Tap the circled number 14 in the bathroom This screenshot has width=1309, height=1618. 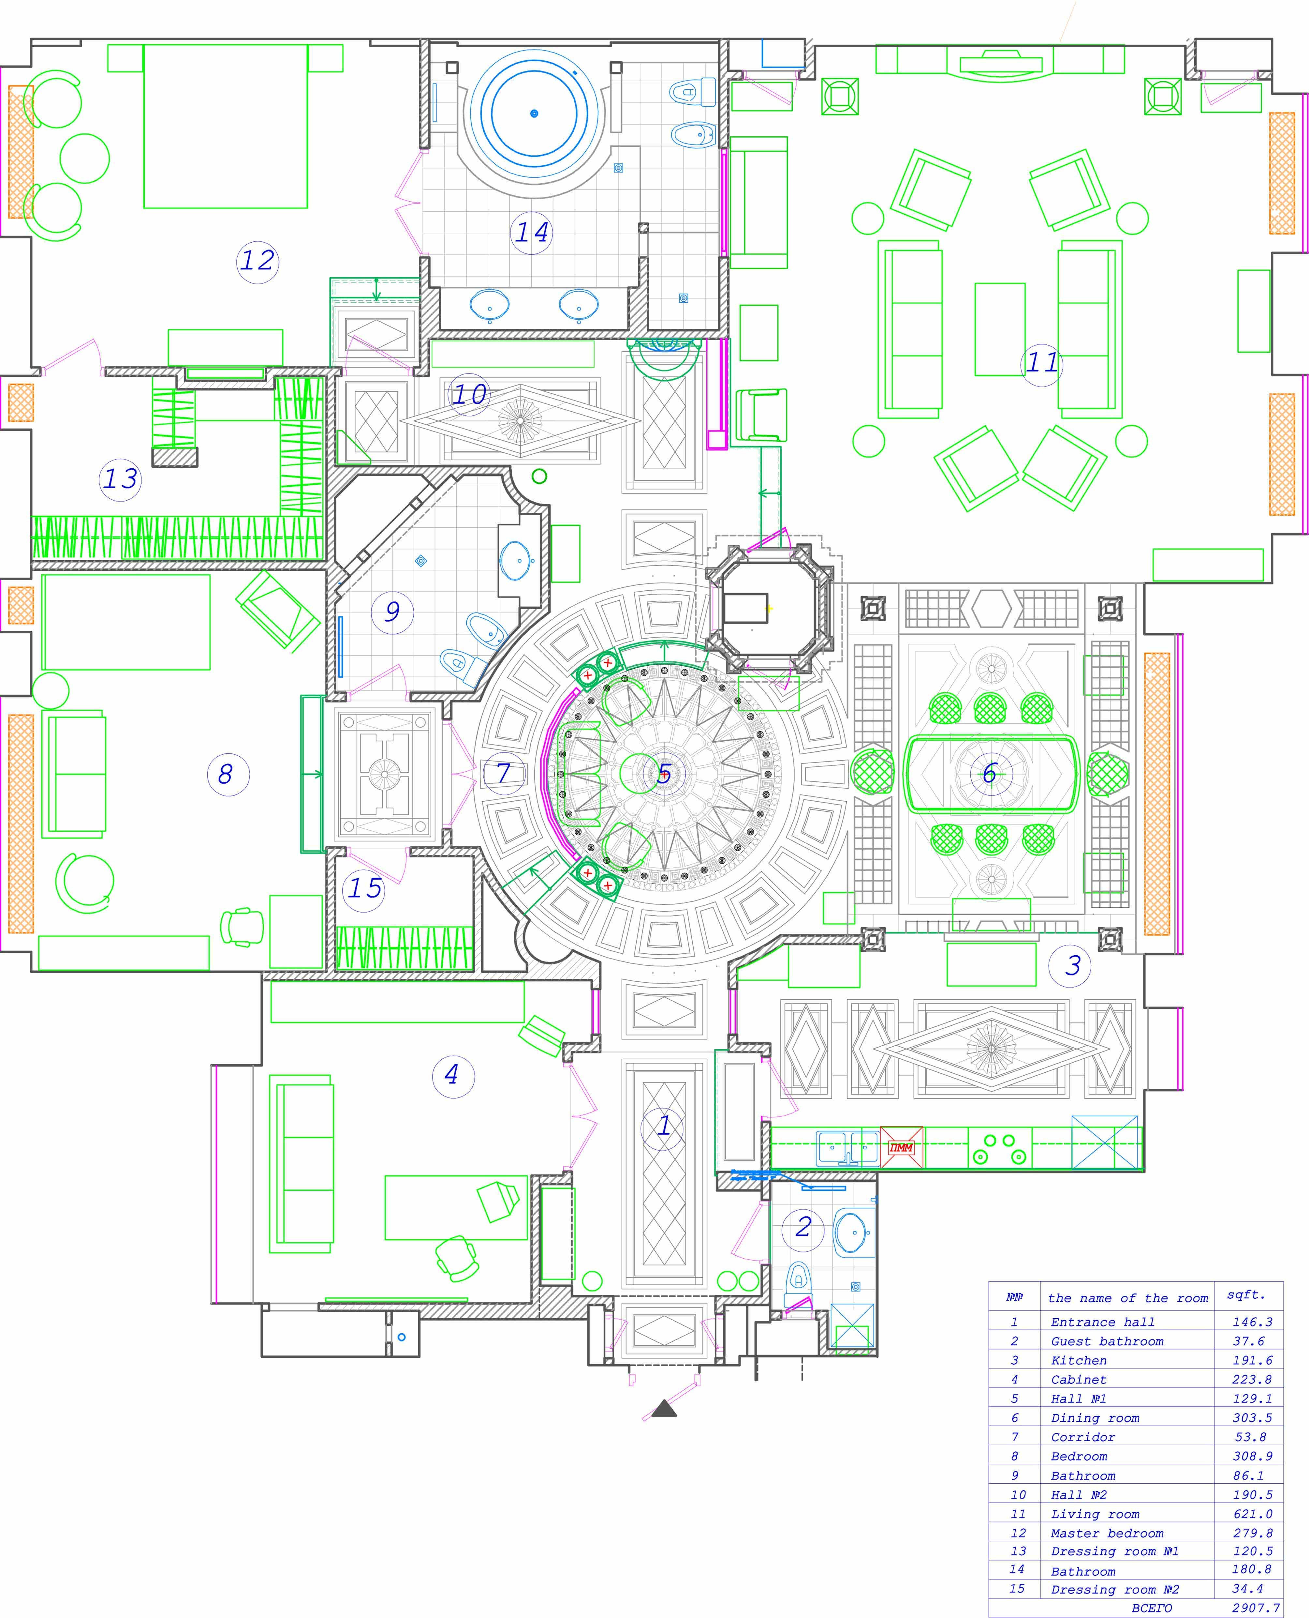pos(532,232)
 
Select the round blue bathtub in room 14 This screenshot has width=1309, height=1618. pos(535,114)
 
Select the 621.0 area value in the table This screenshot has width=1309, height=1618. pos(1252,1514)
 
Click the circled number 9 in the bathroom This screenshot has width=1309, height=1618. pos(392,611)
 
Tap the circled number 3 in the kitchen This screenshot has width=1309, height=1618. pos(1072,965)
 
